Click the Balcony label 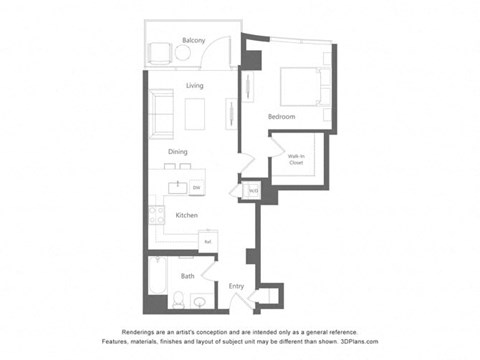pos(193,40)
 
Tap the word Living pos(194,86)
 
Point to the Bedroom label pos(281,117)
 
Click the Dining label pos(178,152)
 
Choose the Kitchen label pos(186,215)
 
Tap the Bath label pos(187,275)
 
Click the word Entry pos(236,287)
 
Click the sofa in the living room pos(163,110)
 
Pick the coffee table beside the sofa pos(194,113)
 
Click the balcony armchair pos(161,52)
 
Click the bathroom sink pos(200,299)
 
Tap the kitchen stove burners pos(155,214)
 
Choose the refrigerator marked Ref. pos(207,241)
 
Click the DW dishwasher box pos(195,187)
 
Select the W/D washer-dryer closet pos(254,190)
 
